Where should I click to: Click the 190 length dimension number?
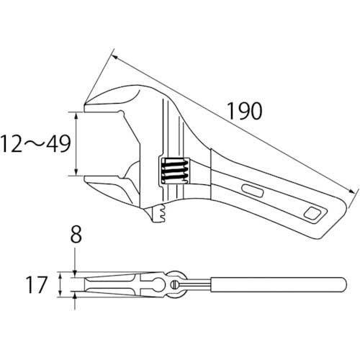(244, 111)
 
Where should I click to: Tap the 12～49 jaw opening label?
(35, 144)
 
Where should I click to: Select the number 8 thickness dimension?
(76, 234)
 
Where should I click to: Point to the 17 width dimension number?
(36, 284)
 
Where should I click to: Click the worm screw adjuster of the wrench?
(174, 171)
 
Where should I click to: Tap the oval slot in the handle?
(253, 190)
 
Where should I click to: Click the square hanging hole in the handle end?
(312, 212)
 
